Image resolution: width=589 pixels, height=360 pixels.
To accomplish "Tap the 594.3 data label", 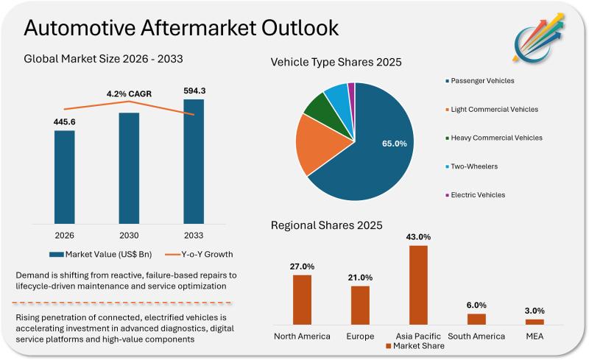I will (x=194, y=91).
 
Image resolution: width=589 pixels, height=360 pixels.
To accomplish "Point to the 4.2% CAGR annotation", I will (x=130, y=94).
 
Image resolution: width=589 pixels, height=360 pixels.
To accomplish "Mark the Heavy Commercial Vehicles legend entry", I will (x=494, y=138).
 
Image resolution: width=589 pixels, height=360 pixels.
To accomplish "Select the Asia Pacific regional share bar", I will (x=418, y=284).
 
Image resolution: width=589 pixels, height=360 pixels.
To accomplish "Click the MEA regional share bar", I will (x=535, y=322).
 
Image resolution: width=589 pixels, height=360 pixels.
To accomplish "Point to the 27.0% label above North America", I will (x=302, y=267).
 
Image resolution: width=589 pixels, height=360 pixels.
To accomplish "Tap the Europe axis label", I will (x=360, y=336).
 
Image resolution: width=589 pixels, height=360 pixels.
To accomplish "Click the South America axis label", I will (x=476, y=336).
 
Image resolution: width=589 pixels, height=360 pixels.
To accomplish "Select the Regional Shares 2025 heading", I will (x=326, y=225).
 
